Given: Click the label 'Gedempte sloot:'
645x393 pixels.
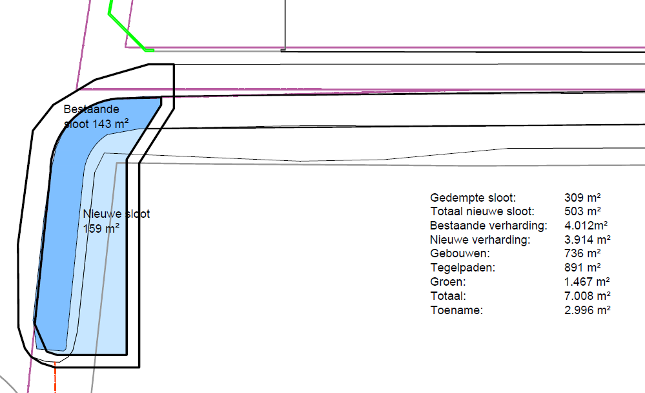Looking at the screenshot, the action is [x=473, y=198].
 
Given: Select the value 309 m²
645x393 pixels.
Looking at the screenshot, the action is [x=582, y=198].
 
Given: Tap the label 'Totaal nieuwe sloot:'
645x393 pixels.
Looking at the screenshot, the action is [x=482, y=212].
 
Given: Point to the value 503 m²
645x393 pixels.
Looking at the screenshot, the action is [x=582, y=212].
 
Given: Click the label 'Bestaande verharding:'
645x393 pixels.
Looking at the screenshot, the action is [x=489, y=226].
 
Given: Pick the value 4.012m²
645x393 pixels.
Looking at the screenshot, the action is [x=586, y=226].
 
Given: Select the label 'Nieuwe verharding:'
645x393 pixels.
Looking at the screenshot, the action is [x=480, y=240].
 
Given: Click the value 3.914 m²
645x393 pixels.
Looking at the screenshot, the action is [x=588, y=240].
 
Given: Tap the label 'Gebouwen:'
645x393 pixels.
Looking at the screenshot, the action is [x=460, y=254].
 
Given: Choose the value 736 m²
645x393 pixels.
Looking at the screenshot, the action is [x=582, y=254].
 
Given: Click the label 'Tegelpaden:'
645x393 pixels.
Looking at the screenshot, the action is [x=463, y=268].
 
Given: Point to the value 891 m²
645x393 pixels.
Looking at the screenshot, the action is [x=582, y=268].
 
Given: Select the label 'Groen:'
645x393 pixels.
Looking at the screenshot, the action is [x=448, y=282].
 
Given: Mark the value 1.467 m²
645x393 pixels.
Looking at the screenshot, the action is [x=587, y=282].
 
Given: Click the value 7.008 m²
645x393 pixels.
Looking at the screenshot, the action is [x=588, y=296].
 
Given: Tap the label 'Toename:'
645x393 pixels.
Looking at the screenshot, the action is [x=456, y=310].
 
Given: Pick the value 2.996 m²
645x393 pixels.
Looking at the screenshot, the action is [x=588, y=310].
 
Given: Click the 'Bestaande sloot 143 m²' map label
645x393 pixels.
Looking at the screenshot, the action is [x=96, y=116].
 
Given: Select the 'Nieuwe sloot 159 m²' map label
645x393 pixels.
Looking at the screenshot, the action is [x=116, y=221].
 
